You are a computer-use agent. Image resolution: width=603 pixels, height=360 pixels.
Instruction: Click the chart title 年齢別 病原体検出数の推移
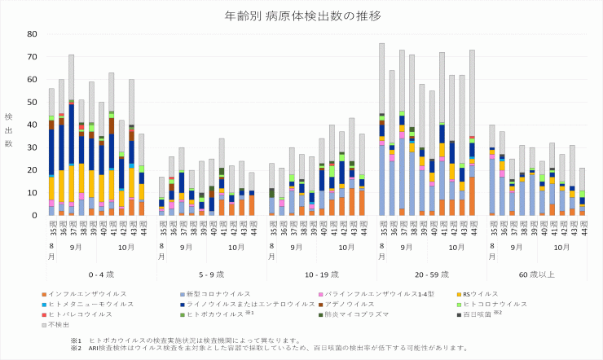301,15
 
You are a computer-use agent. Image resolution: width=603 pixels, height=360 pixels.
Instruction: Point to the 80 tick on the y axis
32,34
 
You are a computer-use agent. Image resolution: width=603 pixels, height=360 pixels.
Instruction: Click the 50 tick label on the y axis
32,102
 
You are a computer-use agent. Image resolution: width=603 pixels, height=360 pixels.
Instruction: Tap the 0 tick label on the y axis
34,216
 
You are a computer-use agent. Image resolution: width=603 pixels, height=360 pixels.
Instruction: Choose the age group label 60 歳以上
536,275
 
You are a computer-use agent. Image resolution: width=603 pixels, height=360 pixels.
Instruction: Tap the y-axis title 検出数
8,130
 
